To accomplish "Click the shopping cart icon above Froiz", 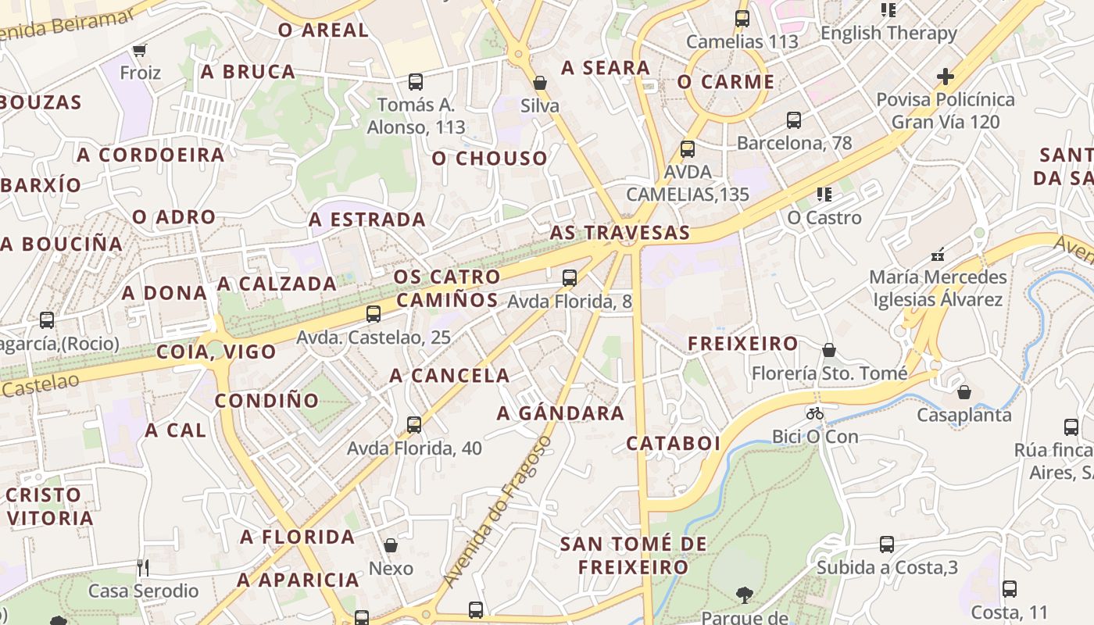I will click(140, 51).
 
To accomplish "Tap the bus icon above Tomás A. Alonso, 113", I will click(416, 82).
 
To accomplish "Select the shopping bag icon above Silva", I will click(539, 83).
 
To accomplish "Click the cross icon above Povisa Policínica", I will click(946, 77).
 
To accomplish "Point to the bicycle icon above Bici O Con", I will click(815, 413).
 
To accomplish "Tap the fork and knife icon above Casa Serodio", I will click(142, 567).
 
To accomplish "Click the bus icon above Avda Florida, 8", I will click(570, 277).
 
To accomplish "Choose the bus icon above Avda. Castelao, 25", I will click(374, 314).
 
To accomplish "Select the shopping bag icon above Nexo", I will click(390, 545).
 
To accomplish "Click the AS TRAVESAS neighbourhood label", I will click(620, 233).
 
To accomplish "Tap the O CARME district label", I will click(726, 82).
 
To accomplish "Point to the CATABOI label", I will click(674, 444).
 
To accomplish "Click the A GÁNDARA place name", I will click(560, 413).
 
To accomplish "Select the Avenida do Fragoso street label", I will click(497, 512).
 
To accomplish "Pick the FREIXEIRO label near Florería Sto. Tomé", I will click(742, 344).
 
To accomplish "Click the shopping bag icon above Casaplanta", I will click(964, 392).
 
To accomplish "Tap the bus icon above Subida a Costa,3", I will click(887, 545).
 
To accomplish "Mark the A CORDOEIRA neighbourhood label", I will click(151, 155).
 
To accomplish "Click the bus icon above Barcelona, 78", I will click(794, 120).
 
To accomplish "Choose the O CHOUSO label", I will click(490, 159).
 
